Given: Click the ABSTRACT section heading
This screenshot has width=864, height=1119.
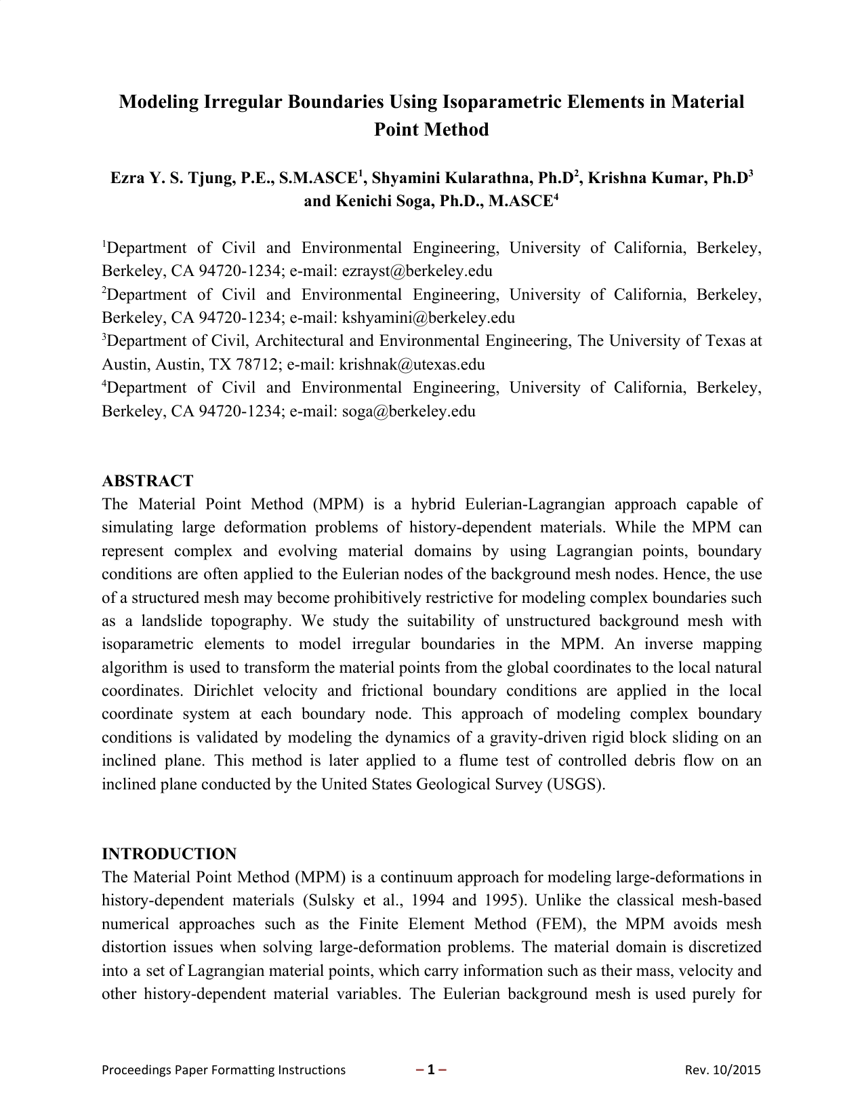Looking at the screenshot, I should tap(148, 481).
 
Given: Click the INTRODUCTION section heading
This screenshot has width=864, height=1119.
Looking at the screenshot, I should tap(169, 854).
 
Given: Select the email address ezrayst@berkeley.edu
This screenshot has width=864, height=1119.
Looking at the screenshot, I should tap(417, 271).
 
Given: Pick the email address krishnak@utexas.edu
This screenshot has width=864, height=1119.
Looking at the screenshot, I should tap(412, 365).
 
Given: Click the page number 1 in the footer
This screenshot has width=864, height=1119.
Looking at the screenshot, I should tap(430, 1070).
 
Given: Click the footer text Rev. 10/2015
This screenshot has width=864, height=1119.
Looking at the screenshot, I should tap(722, 1070).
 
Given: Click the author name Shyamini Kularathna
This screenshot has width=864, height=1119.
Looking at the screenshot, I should tap(451, 178).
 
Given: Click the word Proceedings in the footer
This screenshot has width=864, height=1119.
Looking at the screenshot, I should tap(136, 1070).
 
